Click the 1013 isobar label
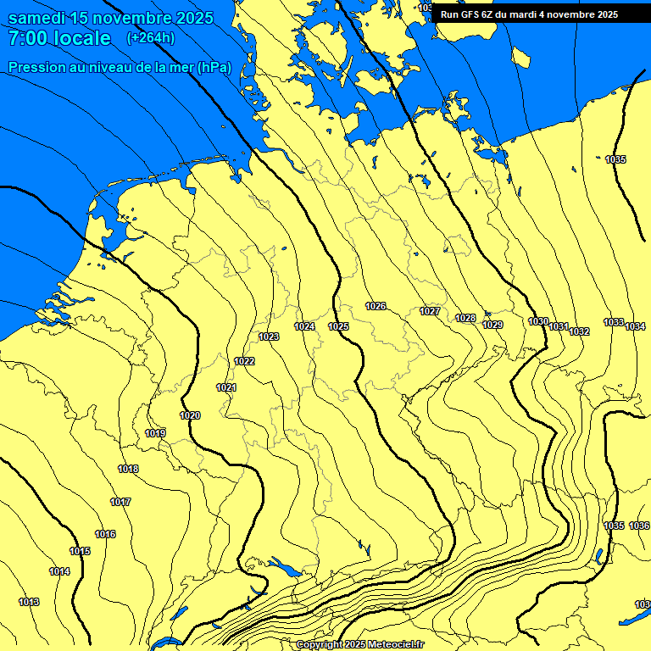pyautogui.click(x=29, y=602)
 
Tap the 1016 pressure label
pyautogui.click(x=105, y=534)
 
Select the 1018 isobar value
pyautogui.click(x=128, y=469)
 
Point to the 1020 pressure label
pyautogui.click(x=190, y=415)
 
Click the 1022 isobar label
pyautogui.click(x=244, y=361)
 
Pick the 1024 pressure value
pyautogui.click(x=304, y=326)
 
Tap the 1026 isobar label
pyautogui.click(x=376, y=306)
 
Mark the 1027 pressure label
pyautogui.click(x=430, y=311)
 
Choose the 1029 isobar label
pyautogui.click(x=492, y=325)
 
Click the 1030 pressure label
pyautogui.click(x=538, y=321)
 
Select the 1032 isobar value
pyautogui.click(x=579, y=331)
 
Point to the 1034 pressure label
pyautogui.click(x=635, y=326)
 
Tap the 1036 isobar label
pyautogui.click(x=639, y=526)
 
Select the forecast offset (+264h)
pyautogui.click(x=151, y=38)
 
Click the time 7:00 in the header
pyautogui.click(x=28, y=38)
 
